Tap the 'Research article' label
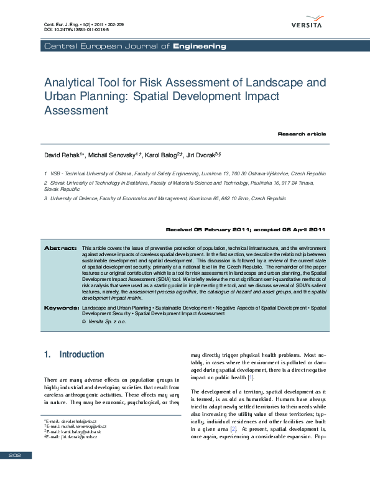coord(301,134)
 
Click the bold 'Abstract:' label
coord(60,248)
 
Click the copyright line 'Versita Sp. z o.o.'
coord(107,322)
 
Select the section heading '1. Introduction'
coord(74,354)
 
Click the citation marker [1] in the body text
coord(250,377)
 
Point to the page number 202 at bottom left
coord(15,473)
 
